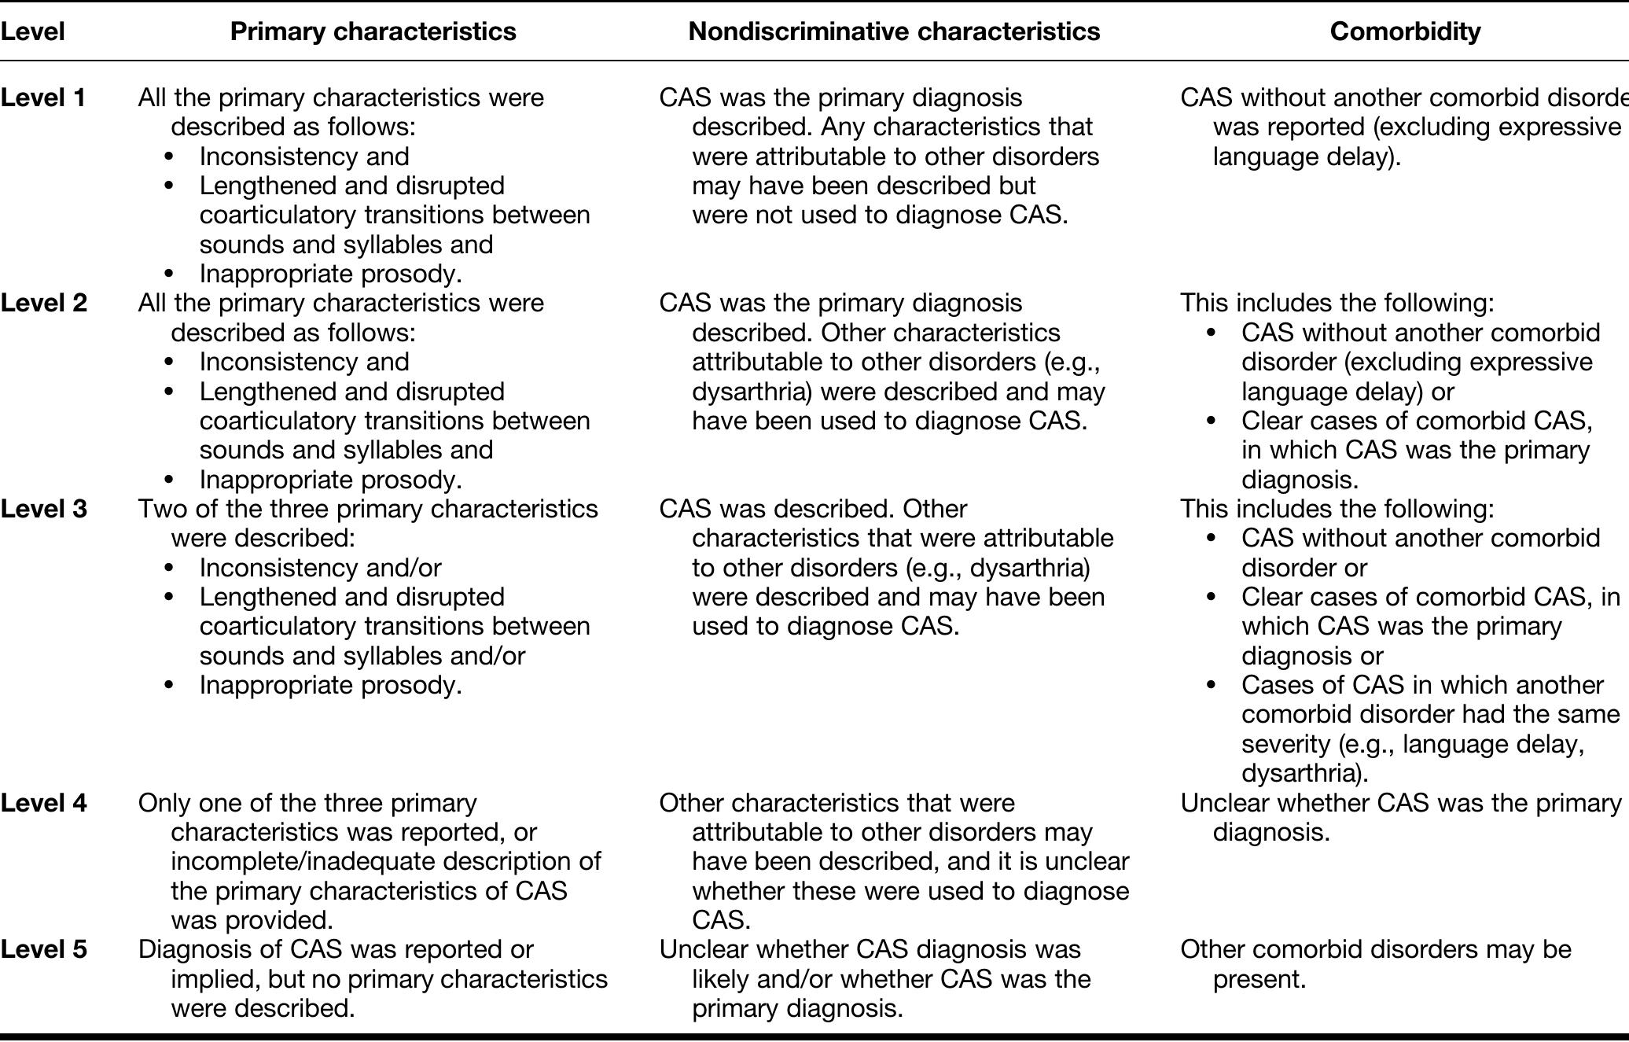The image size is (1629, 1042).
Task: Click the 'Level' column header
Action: coord(32,31)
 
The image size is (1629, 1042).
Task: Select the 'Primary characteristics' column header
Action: coord(373,31)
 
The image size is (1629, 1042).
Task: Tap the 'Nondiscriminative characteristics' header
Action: coord(894,31)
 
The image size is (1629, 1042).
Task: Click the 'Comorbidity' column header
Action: coord(1405,31)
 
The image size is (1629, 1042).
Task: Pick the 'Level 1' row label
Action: coord(43,98)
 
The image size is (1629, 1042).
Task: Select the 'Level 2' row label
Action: coord(43,303)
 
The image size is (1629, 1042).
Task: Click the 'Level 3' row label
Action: coord(43,509)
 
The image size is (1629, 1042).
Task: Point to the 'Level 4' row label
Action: coord(43,803)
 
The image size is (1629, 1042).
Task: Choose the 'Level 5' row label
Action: coord(43,949)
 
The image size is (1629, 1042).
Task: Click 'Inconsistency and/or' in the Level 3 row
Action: coord(320,568)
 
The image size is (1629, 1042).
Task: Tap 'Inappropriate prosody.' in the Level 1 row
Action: coord(330,274)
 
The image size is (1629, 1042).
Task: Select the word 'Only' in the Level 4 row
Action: coord(164,803)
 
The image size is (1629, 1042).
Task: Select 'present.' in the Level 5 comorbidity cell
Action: coord(1259,980)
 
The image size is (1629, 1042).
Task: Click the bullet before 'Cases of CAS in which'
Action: coord(1211,686)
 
